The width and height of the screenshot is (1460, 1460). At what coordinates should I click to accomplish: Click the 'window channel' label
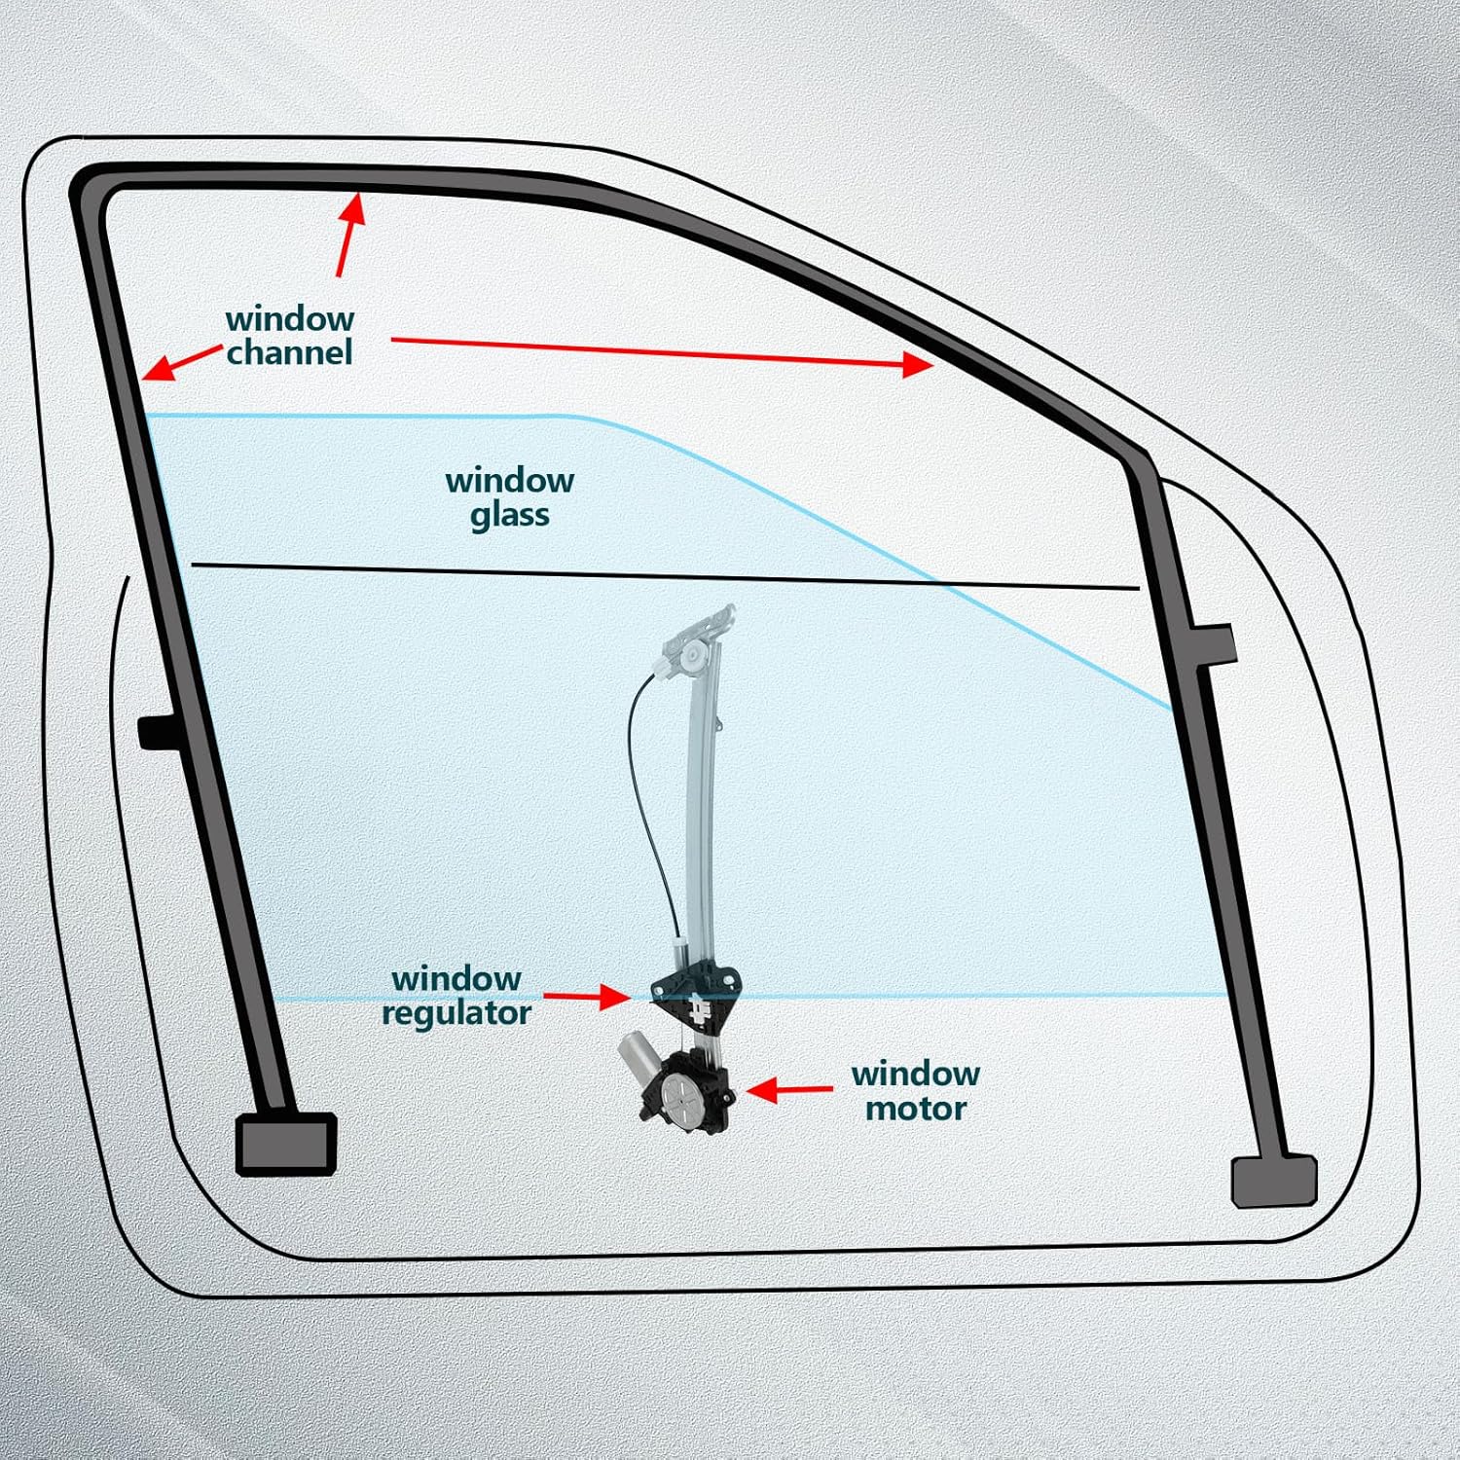[x=289, y=336]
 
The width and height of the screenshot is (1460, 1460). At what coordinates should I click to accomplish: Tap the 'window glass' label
[x=509, y=497]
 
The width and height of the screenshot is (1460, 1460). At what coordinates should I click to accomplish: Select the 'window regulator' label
[x=456, y=996]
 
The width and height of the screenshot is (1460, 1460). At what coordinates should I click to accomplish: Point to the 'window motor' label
[x=915, y=1091]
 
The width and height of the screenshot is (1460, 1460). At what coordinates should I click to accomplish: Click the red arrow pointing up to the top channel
[x=349, y=235]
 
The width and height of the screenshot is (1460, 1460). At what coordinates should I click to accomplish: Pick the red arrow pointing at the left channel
[x=181, y=362]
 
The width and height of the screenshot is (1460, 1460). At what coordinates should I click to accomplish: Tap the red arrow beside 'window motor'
[x=789, y=1089]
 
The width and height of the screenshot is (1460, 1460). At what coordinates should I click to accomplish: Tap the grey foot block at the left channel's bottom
[x=286, y=1144]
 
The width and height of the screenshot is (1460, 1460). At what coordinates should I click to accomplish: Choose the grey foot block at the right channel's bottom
[x=1273, y=1181]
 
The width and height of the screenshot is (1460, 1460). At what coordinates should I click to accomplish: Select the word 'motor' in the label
[x=915, y=1109]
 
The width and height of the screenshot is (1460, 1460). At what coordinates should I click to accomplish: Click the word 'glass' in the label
[x=509, y=515]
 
